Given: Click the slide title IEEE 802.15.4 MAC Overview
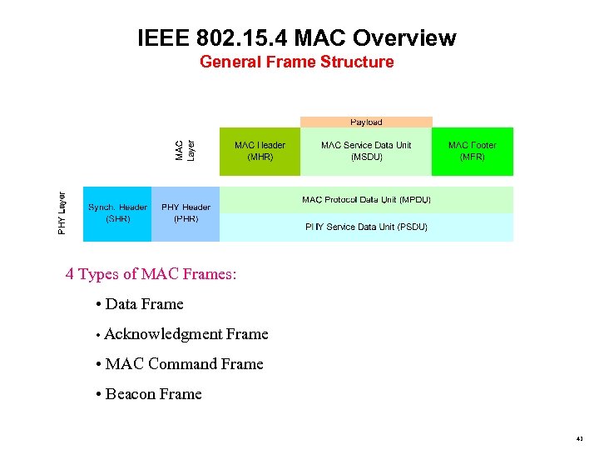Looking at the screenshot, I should click(x=297, y=38).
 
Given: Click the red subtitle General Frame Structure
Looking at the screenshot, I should click(x=297, y=62).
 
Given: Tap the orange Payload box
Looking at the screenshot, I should click(x=366, y=122).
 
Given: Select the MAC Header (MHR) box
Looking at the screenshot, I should click(x=260, y=151).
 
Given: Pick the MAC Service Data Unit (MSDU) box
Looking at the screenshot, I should click(x=366, y=151).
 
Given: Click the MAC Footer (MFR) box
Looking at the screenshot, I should click(x=472, y=151).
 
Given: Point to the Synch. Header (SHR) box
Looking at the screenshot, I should click(x=117, y=213).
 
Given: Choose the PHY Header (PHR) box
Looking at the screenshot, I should click(x=186, y=213).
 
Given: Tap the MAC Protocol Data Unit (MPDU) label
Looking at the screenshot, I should click(x=366, y=200).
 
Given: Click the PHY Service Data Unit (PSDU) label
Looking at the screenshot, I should click(x=366, y=227).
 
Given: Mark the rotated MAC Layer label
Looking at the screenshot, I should click(x=185, y=150).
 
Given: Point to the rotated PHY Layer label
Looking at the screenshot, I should click(x=62, y=212).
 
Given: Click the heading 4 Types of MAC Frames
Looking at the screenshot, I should click(x=151, y=274).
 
